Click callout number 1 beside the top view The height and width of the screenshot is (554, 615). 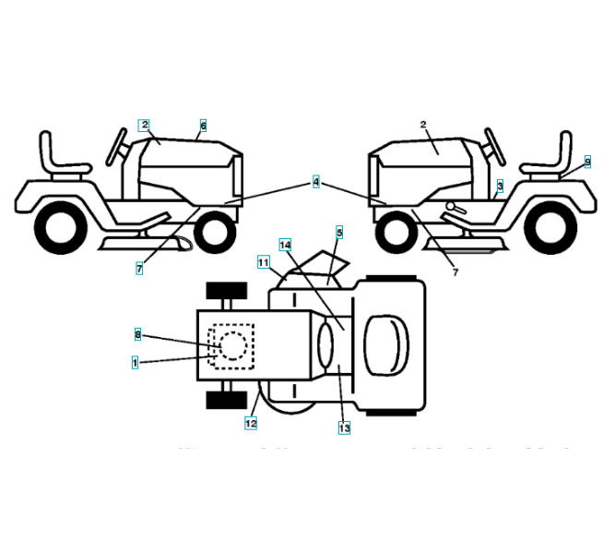pos(135,363)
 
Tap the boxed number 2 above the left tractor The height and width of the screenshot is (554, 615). pos(144,125)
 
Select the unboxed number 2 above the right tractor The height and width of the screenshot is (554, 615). pos(423,124)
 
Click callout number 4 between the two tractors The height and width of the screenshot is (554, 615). pos(316,183)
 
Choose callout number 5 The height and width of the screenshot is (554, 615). pos(339,234)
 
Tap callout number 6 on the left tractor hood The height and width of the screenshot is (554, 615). pos(203,125)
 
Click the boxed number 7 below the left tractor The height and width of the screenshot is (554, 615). pos(138,269)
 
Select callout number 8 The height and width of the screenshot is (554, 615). pos(137,333)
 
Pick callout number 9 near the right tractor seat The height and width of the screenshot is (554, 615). pos(587,162)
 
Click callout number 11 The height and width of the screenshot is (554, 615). pos(263,262)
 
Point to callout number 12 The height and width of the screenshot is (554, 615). pos(251,423)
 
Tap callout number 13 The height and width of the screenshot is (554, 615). pos(344,428)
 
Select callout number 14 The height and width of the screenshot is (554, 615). pos(285,245)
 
